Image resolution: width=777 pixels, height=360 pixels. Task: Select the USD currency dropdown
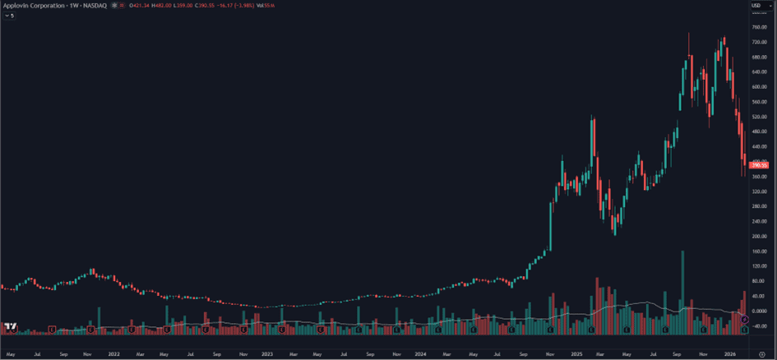(756, 6)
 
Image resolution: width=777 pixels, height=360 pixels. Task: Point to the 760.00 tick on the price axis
(758, 27)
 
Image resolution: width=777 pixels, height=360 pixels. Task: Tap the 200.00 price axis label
(758, 236)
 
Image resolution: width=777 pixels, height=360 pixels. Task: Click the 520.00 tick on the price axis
(758, 117)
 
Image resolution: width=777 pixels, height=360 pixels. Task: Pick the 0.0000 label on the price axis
(758, 311)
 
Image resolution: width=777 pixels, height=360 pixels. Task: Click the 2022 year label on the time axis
(113, 353)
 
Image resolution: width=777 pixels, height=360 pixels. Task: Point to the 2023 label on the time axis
(267, 353)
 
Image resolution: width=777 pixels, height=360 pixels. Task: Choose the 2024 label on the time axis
(421, 353)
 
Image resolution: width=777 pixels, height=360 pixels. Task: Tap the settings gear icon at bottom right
(761, 353)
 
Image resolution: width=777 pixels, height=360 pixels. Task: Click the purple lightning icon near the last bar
(745, 318)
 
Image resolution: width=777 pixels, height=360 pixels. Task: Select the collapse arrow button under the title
(9, 16)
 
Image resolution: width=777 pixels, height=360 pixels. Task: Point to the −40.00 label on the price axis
(758, 325)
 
